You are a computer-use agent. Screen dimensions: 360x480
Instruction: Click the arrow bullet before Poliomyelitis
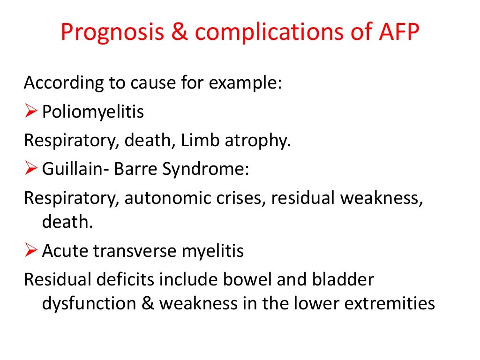click(31, 112)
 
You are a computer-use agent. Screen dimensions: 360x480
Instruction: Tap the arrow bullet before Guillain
click(31, 168)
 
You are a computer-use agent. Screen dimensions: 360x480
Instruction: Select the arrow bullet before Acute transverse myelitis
click(31, 251)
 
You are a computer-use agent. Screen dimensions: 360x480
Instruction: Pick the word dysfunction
click(88, 304)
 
